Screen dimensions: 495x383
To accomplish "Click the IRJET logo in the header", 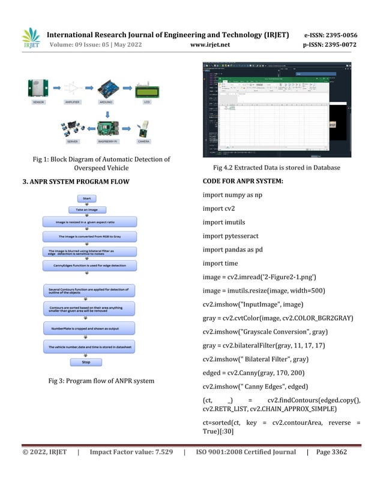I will [x=31, y=38].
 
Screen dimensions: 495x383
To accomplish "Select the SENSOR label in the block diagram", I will [x=39, y=102].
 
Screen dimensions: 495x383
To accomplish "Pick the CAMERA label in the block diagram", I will [x=144, y=141].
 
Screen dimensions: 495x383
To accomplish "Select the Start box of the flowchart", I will [x=86, y=198].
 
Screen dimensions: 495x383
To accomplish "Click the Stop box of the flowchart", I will [x=86, y=362].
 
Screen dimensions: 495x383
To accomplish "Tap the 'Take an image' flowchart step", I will [x=86, y=210].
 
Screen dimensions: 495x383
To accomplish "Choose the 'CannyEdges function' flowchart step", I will [x=86, y=264].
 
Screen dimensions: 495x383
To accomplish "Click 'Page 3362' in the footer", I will [x=331, y=452].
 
